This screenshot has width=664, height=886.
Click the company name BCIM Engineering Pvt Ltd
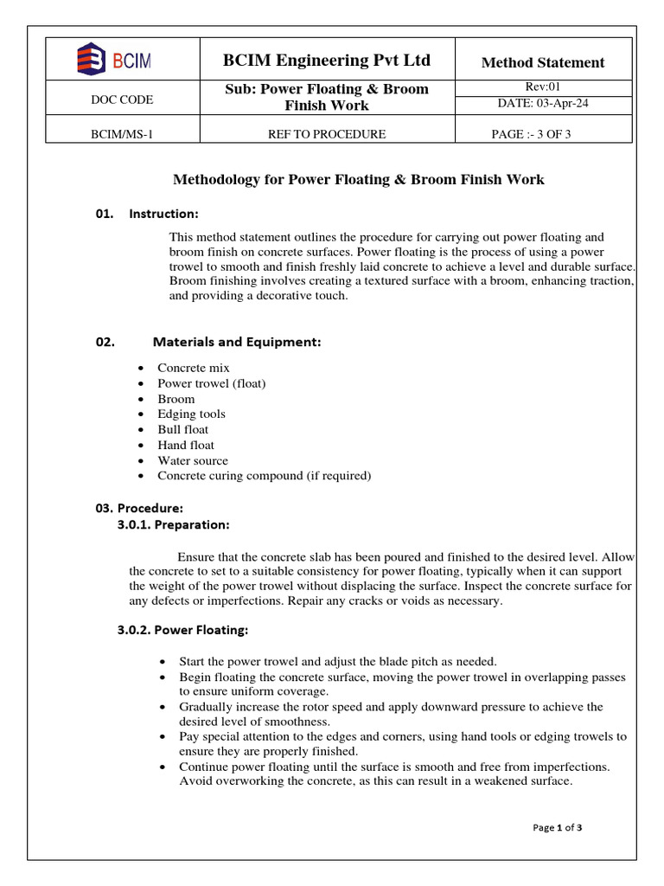[x=327, y=61]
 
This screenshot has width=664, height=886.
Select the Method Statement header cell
[x=542, y=62]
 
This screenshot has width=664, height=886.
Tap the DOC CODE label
[x=122, y=100]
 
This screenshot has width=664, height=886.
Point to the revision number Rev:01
[x=543, y=87]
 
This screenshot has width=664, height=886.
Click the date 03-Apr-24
[x=543, y=104]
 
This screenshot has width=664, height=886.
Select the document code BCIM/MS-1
[x=122, y=134]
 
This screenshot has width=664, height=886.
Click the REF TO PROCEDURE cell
[x=327, y=134]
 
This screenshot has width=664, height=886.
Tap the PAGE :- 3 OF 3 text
[x=531, y=134]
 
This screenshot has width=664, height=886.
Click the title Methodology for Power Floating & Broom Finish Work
[x=359, y=180]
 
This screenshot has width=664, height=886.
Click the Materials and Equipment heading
[x=236, y=342]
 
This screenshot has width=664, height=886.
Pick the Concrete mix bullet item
[x=193, y=368]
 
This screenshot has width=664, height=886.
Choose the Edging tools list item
[x=191, y=414]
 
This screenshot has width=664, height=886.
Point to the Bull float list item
[x=182, y=430]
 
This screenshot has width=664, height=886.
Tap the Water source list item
[x=193, y=461]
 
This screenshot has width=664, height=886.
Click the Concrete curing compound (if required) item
[x=264, y=476]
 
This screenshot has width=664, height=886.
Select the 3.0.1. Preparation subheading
[x=174, y=524]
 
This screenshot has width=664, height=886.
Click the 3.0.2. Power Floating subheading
[x=182, y=630]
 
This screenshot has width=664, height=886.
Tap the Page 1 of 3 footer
[x=558, y=828]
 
